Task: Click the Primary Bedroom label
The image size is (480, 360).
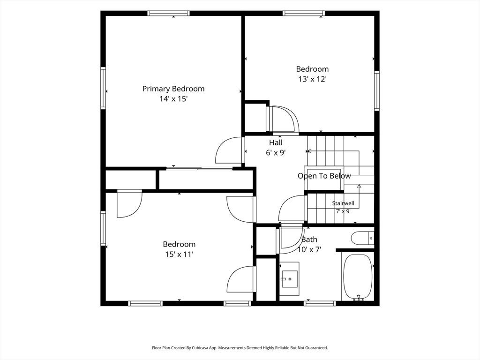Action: pyautogui.click(x=173, y=89)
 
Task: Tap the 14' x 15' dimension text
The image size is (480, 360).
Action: pyautogui.click(x=173, y=99)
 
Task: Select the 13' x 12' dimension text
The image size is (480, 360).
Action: pyautogui.click(x=312, y=79)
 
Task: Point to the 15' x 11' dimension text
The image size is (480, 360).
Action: pyautogui.click(x=179, y=254)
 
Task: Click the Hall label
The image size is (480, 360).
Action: pyautogui.click(x=276, y=142)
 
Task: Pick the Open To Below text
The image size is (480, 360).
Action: pyautogui.click(x=324, y=176)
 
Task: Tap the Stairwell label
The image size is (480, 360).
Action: pyautogui.click(x=343, y=203)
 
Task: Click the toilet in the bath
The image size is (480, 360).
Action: pyautogui.click(x=362, y=238)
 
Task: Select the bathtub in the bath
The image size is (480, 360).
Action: pyautogui.click(x=358, y=277)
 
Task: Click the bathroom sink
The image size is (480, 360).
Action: pyautogui.click(x=289, y=278)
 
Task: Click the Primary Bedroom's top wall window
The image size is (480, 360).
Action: pyautogui.click(x=168, y=13)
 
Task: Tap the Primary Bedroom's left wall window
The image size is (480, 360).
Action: pyautogui.click(x=103, y=88)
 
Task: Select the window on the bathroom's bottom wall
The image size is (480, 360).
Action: pyautogui.click(x=320, y=303)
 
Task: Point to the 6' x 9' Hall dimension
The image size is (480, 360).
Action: pyautogui.click(x=276, y=152)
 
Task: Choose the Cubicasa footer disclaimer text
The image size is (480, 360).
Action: pyautogui.click(x=240, y=348)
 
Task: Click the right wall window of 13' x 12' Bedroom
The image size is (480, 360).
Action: pyautogui.click(x=377, y=90)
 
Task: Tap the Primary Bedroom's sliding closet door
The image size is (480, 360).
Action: pyautogui.click(x=199, y=168)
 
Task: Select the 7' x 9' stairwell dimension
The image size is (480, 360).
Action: pyautogui.click(x=343, y=211)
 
